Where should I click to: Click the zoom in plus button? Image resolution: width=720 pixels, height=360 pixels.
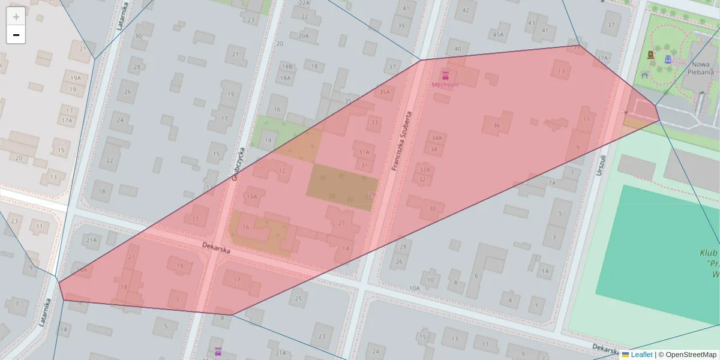click(16, 16)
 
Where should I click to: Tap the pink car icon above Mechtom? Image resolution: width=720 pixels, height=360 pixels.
click(445, 76)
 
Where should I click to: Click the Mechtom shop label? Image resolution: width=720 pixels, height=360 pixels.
click(445, 85)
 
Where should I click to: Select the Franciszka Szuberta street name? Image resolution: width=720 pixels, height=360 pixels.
click(403, 141)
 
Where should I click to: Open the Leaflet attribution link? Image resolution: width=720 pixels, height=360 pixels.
click(641, 355)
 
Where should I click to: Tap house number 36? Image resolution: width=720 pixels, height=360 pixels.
click(496, 125)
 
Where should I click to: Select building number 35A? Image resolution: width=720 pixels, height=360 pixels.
click(385, 92)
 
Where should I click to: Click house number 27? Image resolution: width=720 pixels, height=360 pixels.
click(341, 223)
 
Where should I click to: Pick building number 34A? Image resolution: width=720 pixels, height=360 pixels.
click(436, 138)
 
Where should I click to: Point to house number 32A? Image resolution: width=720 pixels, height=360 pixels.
click(424, 170)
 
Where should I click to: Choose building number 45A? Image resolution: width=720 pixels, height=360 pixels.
click(498, 34)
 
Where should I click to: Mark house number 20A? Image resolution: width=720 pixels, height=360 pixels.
click(304, 35)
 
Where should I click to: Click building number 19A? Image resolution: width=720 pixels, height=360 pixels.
click(75, 78)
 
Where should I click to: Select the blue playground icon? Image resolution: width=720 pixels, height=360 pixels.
click(667, 59)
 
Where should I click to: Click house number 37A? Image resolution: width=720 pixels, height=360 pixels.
click(602, 58)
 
